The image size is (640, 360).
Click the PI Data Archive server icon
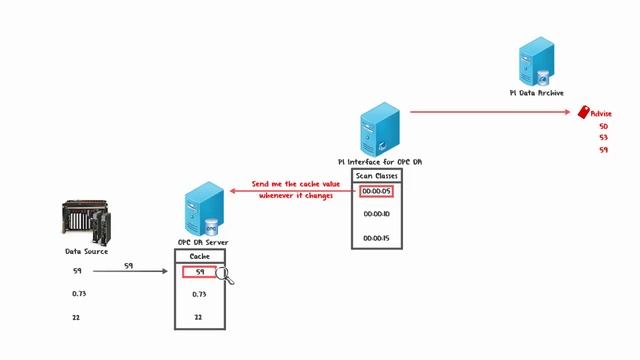pyautogui.click(x=537, y=63)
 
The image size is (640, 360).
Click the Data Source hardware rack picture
pyautogui.click(x=87, y=222)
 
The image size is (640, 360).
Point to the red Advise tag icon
pyautogui.click(x=585, y=114)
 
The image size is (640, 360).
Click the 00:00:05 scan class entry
pyautogui.click(x=377, y=191)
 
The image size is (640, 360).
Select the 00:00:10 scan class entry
pyautogui.click(x=377, y=214)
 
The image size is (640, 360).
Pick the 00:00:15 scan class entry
pyautogui.click(x=377, y=237)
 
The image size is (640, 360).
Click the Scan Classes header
pyautogui.click(x=377, y=175)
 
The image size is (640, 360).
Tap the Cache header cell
pyautogui.click(x=200, y=256)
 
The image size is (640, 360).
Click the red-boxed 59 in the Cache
pyautogui.click(x=199, y=272)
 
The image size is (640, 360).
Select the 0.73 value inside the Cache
pyautogui.click(x=199, y=294)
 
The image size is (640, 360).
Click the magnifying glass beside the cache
pyautogui.click(x=225, y=275)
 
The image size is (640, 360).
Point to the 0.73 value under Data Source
pyautogui.click(x=80, y=294)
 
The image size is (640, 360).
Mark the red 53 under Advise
pyautogui.click(x=603, y=138)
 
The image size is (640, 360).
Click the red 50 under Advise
pyautogui.click(x=603, y=127)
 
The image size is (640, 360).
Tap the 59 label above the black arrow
pyautogui.click(x=128, y=265)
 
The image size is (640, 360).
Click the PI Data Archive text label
pyautogui.click(x=536, y=93)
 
